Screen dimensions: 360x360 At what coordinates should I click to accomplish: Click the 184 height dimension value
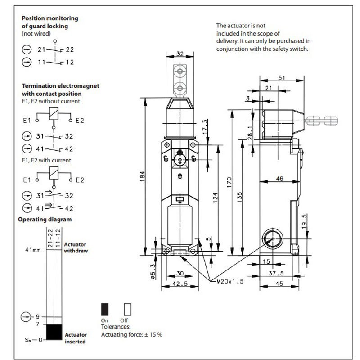click(x=143, y=176)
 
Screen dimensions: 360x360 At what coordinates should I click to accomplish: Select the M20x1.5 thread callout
click(x=230, y=281)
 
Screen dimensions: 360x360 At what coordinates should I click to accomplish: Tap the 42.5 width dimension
click(x=180, y=284)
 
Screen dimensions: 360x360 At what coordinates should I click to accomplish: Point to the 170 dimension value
click(x=229, y=182)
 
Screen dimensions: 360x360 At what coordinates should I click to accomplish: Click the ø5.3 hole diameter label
click(x=153, y=271)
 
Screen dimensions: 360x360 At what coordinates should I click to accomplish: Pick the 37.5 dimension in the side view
click(x=276, y=273)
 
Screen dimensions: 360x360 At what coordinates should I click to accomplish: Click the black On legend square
click(x=105, y=309)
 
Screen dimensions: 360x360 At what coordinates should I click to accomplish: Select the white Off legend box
click(x=128, y=309)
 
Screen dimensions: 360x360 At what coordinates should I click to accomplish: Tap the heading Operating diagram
click(x=45, y=220)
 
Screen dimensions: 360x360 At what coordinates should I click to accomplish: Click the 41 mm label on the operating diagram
click(x=33, y=250)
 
